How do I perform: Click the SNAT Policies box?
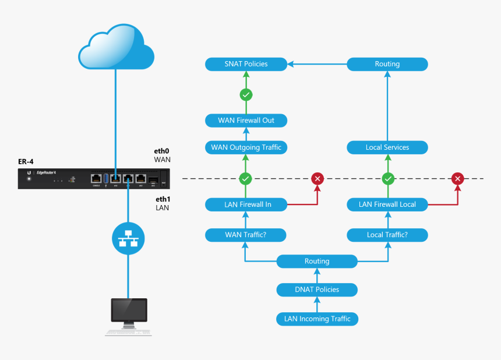point(246,64)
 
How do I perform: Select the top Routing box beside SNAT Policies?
point(387,64)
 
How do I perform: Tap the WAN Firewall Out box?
point(246,121)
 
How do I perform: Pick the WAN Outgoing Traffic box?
point(246,147)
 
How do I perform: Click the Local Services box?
point(387,147)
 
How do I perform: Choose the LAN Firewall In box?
point(246,204)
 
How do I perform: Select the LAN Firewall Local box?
point(387,204)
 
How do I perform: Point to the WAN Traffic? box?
point(246,235)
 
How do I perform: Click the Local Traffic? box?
point(387,235)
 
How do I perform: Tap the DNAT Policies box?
point(317,290)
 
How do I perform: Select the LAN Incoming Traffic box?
point(317,319)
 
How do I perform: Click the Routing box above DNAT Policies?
point(317,262)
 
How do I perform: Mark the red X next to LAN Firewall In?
point(317,178)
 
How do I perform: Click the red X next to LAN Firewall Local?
point(458,178)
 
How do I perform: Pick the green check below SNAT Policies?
point(246,94)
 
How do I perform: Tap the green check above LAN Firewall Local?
point(387,178)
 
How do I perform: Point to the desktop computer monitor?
point(129,312)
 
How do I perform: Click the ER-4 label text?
point(27,161)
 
